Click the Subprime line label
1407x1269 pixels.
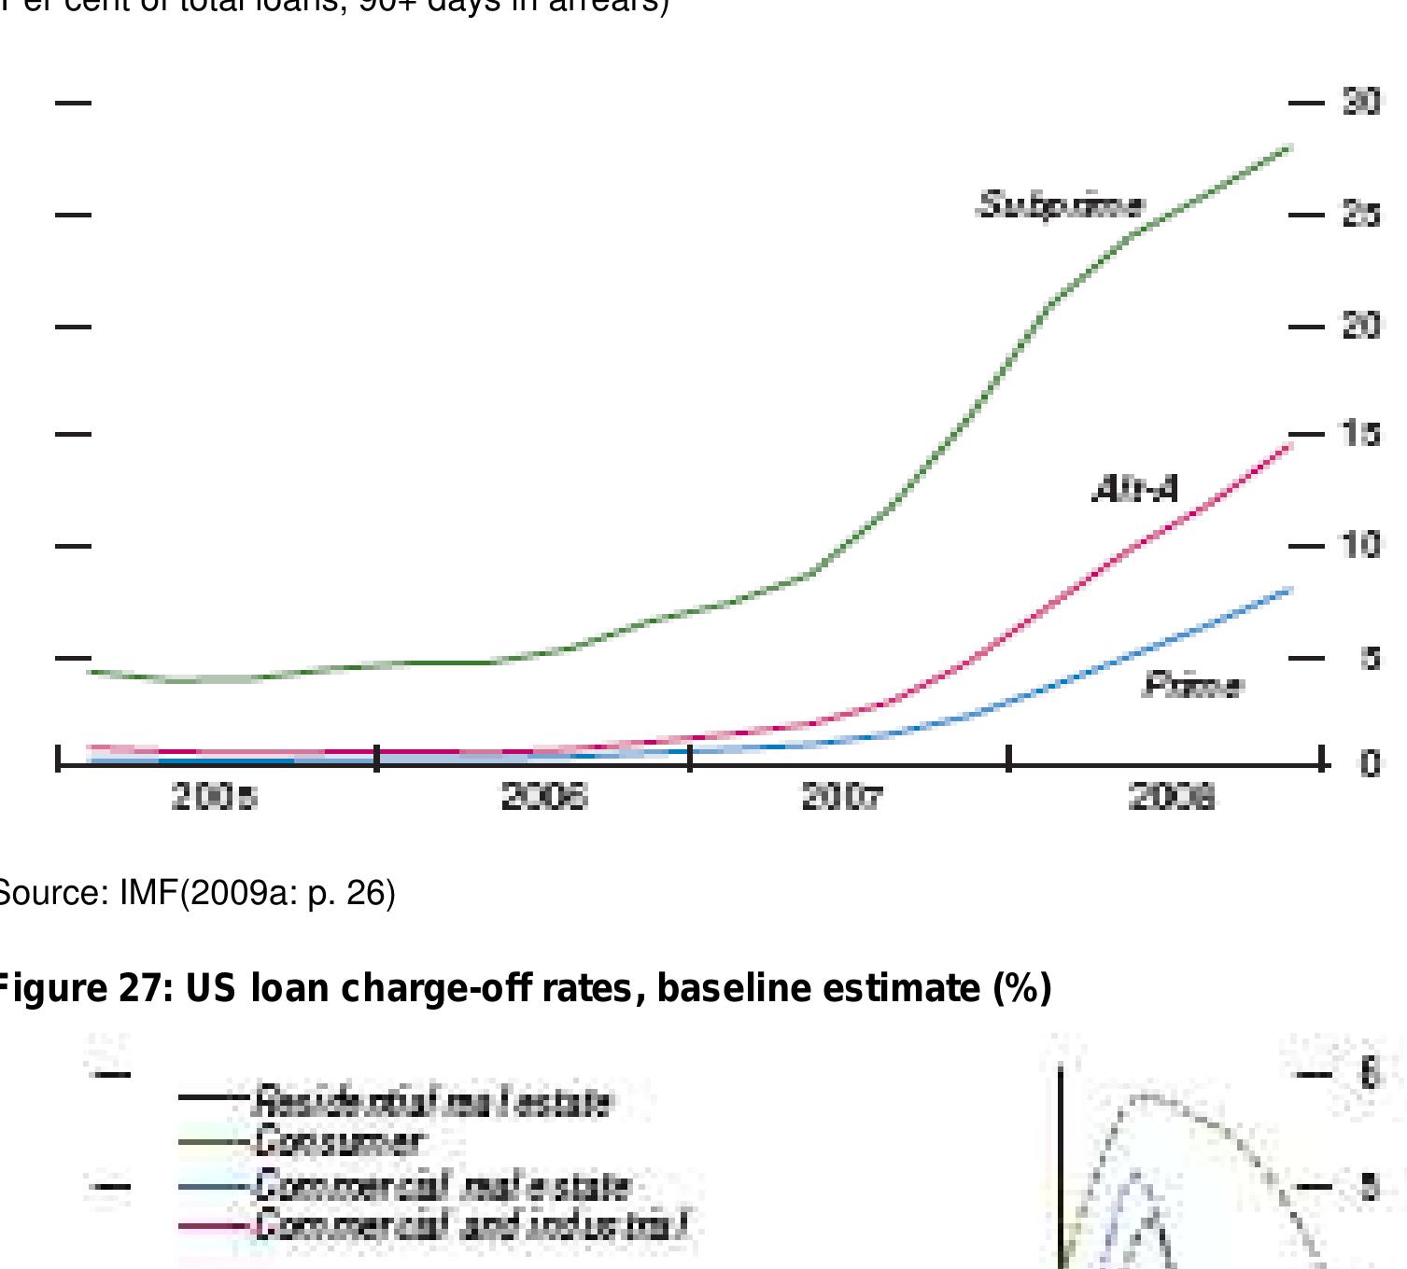1060,204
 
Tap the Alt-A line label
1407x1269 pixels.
1135,488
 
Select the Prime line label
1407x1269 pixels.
1193,687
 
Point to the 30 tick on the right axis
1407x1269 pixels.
1361,102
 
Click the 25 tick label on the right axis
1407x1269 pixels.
1361,215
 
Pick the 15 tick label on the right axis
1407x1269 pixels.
1361,434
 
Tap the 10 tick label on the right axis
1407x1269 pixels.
1361,545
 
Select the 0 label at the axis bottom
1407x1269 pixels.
1370,763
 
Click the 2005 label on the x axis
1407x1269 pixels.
215,798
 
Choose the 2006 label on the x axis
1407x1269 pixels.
544,798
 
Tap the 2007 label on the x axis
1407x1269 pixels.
841,798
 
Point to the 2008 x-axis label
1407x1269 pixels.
1172,798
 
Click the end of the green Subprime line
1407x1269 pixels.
1289,147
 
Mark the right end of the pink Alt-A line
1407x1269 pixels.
1290,446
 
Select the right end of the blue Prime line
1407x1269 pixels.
1290,590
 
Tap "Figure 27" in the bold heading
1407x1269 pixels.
84,987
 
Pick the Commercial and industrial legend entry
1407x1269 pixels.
471,1224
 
